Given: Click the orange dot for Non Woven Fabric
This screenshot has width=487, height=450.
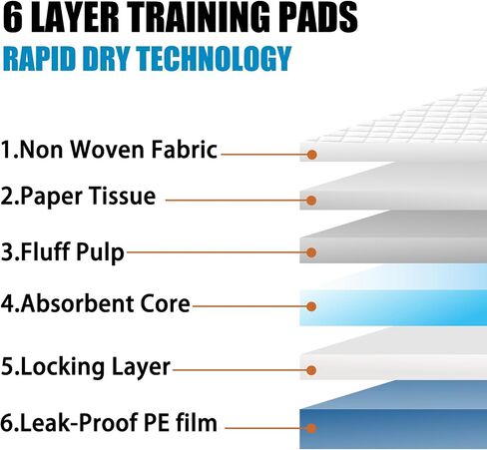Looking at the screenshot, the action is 311,155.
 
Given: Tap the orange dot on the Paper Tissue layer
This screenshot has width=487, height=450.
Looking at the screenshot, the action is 311,201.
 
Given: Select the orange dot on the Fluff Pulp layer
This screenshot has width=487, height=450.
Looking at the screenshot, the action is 311,252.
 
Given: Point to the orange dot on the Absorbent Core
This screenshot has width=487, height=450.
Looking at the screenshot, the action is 311,306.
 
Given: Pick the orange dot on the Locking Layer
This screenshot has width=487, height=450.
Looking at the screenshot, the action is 311,370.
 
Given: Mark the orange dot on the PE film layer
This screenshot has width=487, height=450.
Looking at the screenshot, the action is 311,428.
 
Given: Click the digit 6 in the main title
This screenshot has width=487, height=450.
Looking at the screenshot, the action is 12,17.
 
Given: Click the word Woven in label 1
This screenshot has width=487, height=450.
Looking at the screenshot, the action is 108,150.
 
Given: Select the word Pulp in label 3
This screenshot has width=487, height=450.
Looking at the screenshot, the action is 100,251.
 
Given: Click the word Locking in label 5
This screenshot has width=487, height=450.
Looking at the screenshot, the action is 63,367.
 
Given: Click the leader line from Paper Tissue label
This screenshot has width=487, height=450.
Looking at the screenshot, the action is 237,201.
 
